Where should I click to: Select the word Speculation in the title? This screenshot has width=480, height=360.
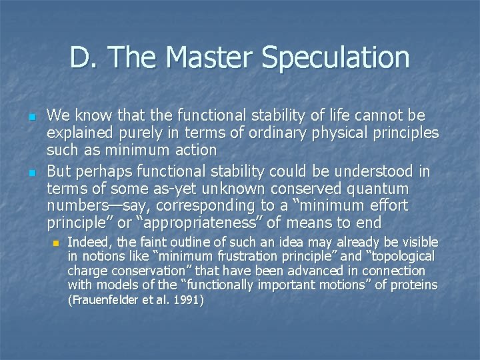335,57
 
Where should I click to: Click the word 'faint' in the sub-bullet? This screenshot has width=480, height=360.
137,241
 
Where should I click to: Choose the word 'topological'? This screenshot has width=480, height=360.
401,256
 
